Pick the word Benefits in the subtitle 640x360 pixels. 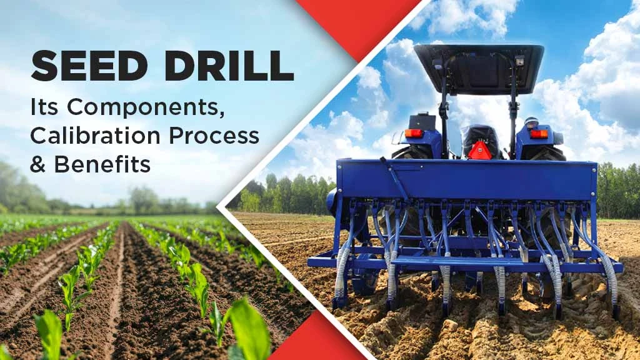[102, 164]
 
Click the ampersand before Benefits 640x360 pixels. [39, 164]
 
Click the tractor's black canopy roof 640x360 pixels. [479, 66]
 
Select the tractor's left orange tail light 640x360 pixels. [414, 133]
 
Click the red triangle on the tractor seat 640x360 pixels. [479, 151]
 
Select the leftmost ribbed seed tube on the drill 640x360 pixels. [342, 275]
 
